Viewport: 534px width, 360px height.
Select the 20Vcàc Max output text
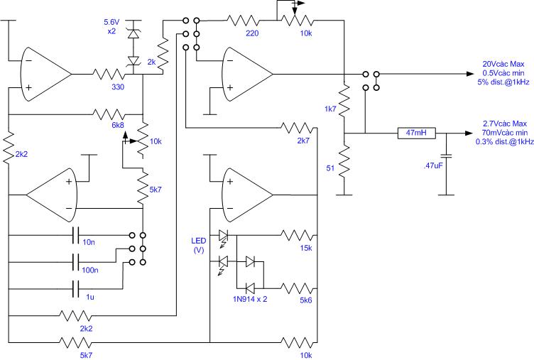click(503, 64)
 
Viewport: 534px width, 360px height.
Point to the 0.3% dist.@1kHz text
click(505, 142)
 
